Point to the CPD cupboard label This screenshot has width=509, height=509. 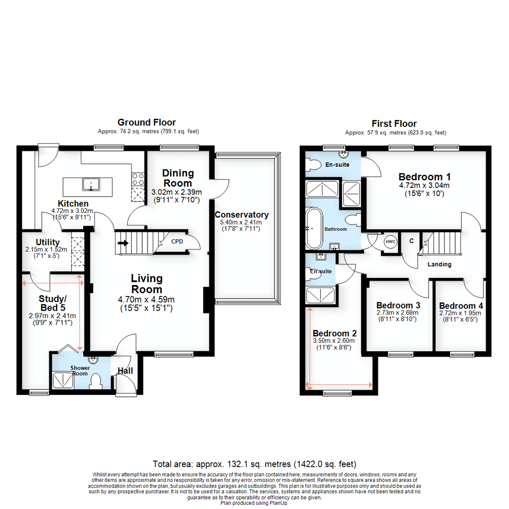(177, 242)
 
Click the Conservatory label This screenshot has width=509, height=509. (245, 215)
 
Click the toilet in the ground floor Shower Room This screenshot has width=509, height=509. (96, 381)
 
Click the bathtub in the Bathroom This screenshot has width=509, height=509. (313, 229)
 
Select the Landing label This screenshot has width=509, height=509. (439, 264)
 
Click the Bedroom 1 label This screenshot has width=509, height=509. (424, 177)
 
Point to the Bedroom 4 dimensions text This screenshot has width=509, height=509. (460, 316)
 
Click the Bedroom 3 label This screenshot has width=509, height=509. (398, 305)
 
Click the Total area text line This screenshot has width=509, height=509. (254, 464)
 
